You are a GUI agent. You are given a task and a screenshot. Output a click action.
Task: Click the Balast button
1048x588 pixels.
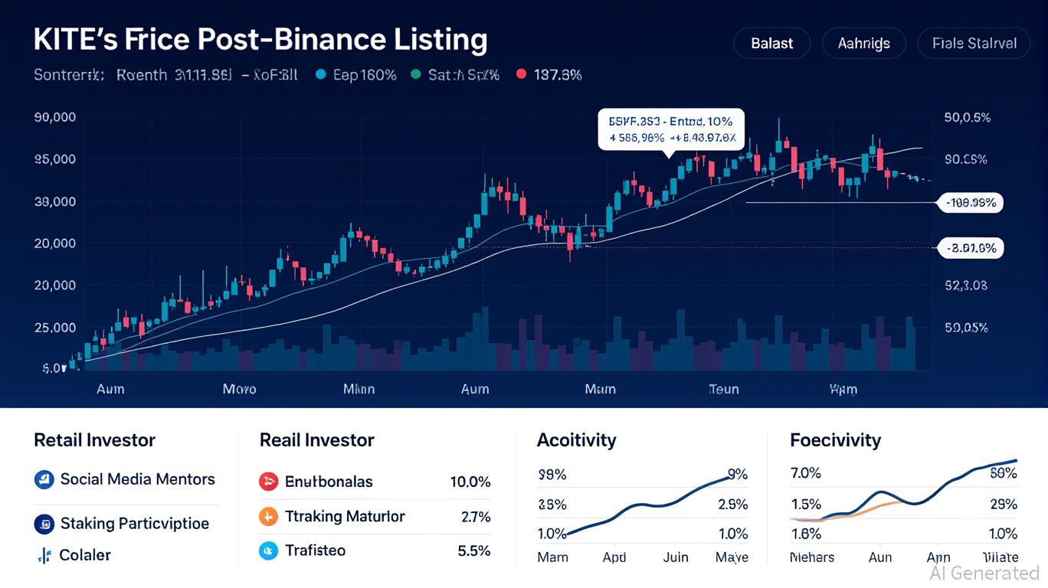click(x=771, y=44)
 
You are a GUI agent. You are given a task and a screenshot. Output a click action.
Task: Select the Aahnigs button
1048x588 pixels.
click(x=863, y=44)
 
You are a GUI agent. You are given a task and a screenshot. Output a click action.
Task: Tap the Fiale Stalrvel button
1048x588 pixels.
click(x=974, y=44)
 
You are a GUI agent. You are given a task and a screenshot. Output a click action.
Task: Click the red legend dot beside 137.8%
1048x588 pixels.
click(x=522, y=74)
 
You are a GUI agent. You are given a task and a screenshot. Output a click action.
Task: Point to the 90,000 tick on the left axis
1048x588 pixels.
click(x=54, y=118)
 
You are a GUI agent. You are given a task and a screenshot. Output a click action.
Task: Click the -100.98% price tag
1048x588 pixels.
click(x=971, y=203)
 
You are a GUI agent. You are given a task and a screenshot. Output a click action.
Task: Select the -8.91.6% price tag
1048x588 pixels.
click(x=971, y=247)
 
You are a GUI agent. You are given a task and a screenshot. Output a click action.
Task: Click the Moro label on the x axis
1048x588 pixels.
click(x=239, y=389)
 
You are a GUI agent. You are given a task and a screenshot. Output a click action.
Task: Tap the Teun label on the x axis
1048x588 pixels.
click(x=723, y=389)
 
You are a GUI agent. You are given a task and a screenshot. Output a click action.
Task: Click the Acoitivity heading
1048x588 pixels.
click(x=576, y=440)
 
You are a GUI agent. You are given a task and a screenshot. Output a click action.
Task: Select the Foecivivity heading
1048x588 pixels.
click(x=835, y=440)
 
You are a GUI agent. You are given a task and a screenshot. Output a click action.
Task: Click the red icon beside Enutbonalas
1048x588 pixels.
click(x=268, y=482)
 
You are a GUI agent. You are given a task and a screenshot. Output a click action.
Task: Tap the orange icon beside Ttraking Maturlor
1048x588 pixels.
click(x=268, y=517)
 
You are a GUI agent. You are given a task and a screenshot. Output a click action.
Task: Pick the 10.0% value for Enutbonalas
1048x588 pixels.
click(x=470, y=482)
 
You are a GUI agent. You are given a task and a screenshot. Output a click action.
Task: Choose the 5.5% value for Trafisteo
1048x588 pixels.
click(x=473, y=550)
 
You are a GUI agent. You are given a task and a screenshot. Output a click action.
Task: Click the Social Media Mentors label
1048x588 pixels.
click(x=137, y=479)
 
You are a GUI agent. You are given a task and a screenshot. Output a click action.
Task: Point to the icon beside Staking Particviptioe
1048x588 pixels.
click(x=44, y=524)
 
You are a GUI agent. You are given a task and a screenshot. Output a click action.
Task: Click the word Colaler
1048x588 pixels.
click(x=85, y=555)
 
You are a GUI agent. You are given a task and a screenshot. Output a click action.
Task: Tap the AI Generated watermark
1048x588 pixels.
click(x=984, y=573)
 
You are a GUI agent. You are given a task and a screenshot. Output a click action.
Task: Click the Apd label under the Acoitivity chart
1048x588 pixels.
click(x=614, y=557)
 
